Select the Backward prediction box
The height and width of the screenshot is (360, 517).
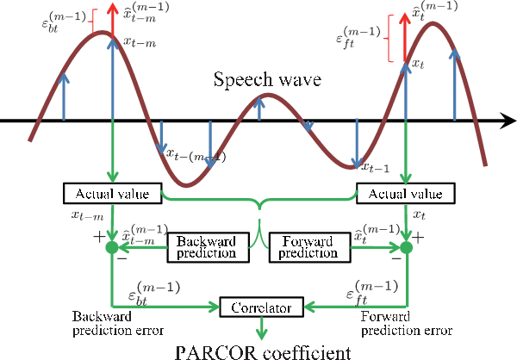click(207, 246)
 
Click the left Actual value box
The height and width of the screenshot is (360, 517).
click(112, 193)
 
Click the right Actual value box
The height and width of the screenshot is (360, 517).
click(405, 193)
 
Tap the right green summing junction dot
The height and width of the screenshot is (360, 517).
click(406, 248)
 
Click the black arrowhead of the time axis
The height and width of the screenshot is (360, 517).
click(505, 122)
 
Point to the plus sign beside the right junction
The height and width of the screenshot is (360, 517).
click(420, 236)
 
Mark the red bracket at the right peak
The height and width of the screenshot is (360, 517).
click(389, 40)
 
